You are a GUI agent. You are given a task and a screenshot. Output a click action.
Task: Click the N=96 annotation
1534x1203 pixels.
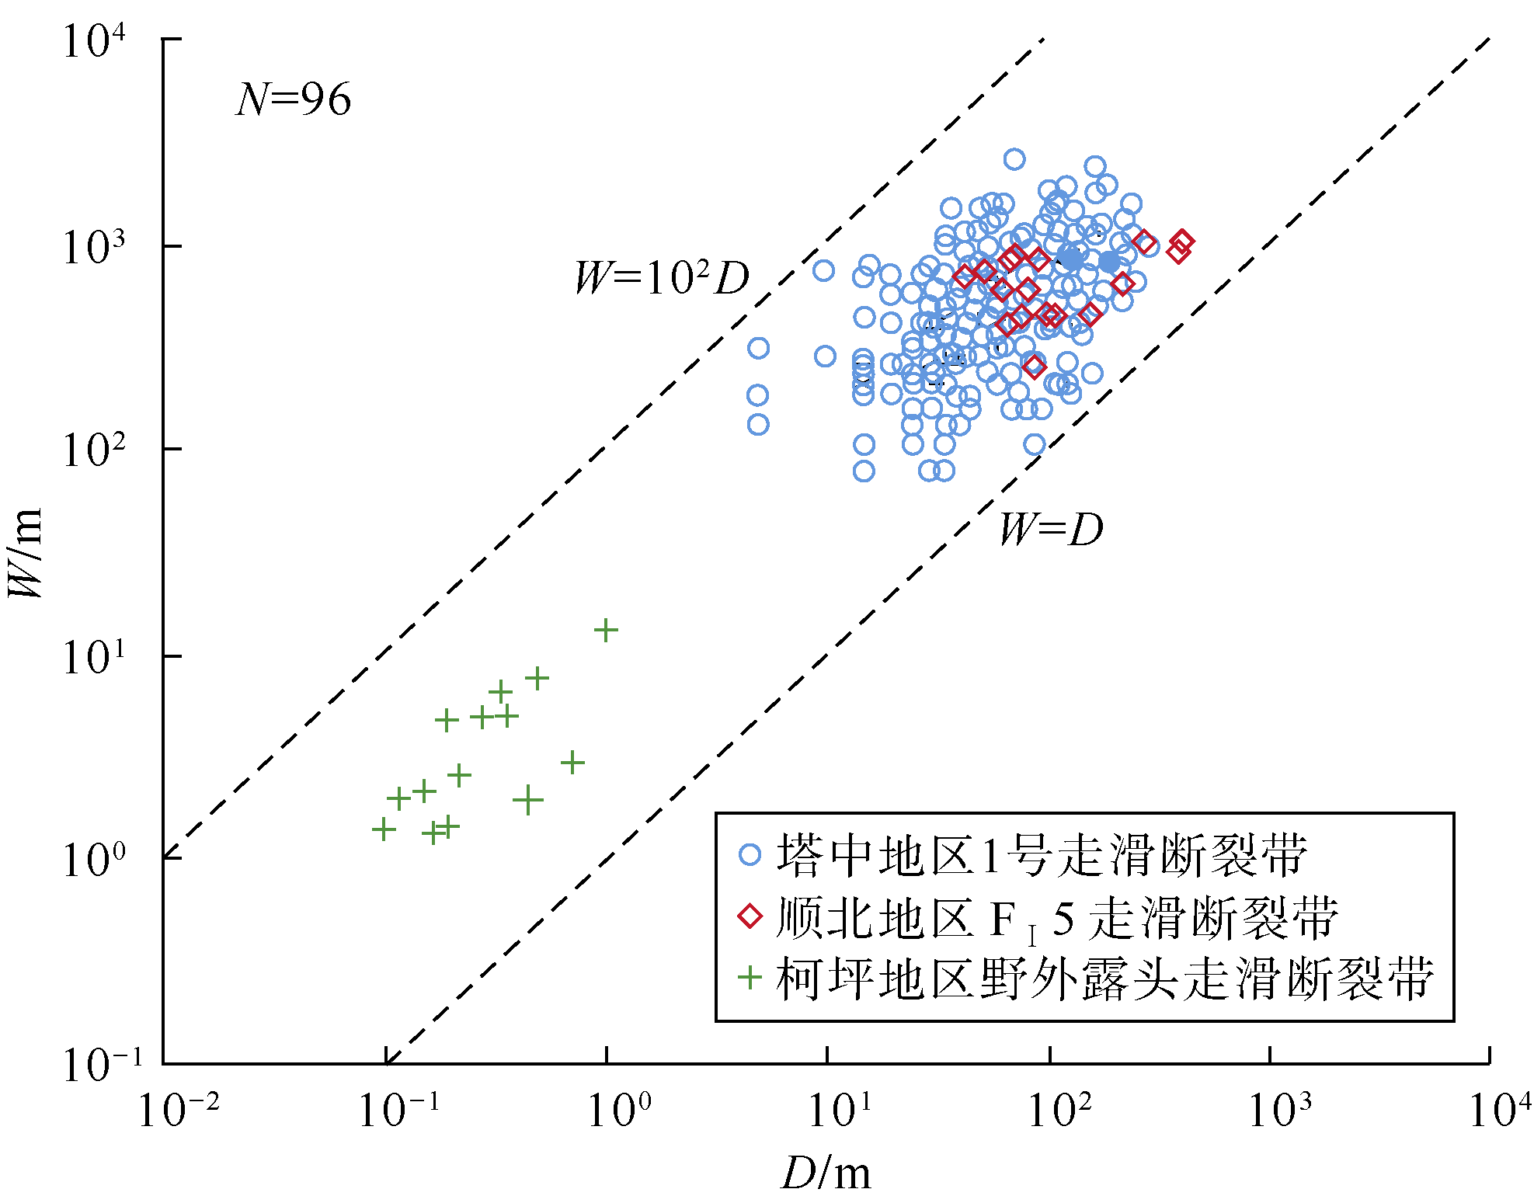point(294,99)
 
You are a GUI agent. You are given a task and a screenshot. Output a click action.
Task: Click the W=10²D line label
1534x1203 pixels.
point(661,277)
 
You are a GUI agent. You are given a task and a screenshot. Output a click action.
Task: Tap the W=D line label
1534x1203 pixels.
point(1051,530)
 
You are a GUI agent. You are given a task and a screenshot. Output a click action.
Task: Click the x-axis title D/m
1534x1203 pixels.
point(826,1173)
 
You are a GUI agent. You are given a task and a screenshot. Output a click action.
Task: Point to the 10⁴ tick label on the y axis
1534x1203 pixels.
point(93,40)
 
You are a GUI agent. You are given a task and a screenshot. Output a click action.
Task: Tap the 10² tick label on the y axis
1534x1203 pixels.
point(93,450)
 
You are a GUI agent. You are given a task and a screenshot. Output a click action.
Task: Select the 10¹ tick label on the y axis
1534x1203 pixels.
point(93,656)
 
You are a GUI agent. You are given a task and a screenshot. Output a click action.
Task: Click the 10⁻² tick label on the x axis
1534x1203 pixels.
point(178,1109)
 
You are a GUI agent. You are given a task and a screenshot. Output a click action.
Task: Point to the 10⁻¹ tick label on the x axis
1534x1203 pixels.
point(398,1109)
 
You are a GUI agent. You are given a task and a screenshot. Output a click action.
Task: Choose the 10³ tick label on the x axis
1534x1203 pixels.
point(1279,1109)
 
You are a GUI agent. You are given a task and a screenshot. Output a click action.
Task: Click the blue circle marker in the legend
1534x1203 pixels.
point(750,854)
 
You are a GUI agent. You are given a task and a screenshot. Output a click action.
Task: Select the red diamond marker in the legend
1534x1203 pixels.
point(750,916)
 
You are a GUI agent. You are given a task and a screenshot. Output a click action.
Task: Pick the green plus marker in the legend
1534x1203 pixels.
point(750,977)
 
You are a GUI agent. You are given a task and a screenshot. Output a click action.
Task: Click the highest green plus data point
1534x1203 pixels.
point(606,630)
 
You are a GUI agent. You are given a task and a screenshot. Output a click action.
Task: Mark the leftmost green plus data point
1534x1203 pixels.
point(384,829)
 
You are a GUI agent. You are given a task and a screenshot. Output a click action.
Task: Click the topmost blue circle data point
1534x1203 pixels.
point(1014,159)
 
